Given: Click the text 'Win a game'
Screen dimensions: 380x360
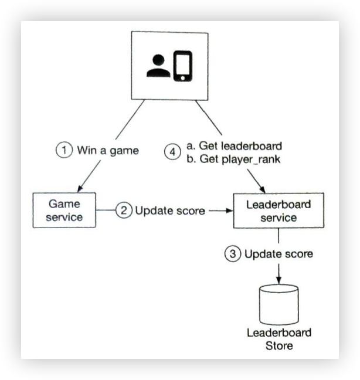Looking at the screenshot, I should point(108,150).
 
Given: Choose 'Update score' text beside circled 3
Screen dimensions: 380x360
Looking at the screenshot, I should point(279,255).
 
